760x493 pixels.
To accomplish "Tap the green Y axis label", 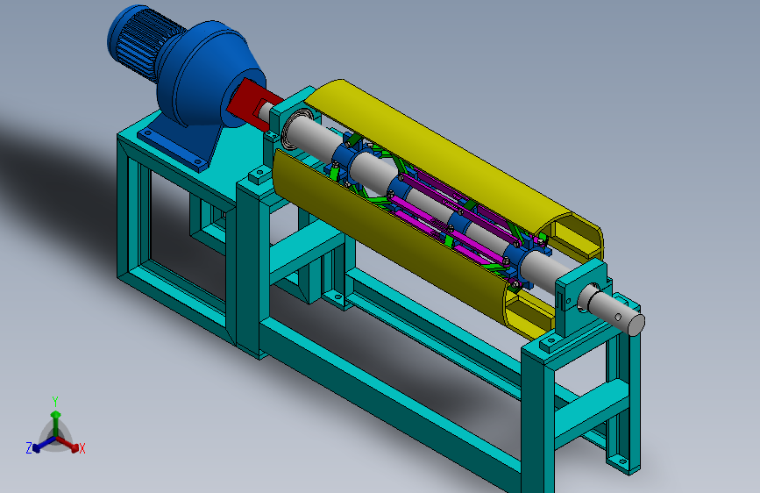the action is coord(55,402).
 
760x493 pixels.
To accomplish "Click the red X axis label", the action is coord(82,448).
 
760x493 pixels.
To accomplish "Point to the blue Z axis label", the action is coord(29,448).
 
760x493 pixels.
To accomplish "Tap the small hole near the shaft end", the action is coord(619,318).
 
